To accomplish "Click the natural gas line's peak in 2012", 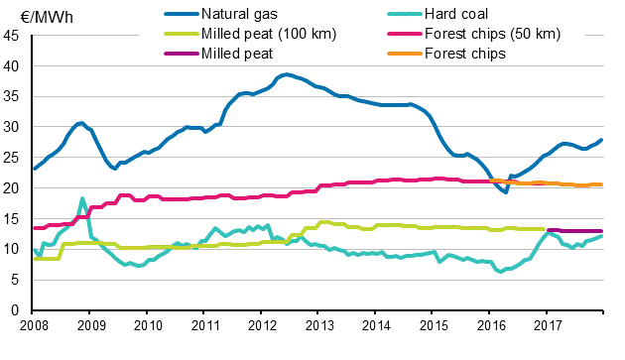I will [286, 74].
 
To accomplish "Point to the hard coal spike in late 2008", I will [82, 198].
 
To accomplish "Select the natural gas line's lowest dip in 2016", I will [506, 192].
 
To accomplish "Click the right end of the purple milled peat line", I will [603, 231].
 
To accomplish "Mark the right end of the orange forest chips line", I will [603, 184].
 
